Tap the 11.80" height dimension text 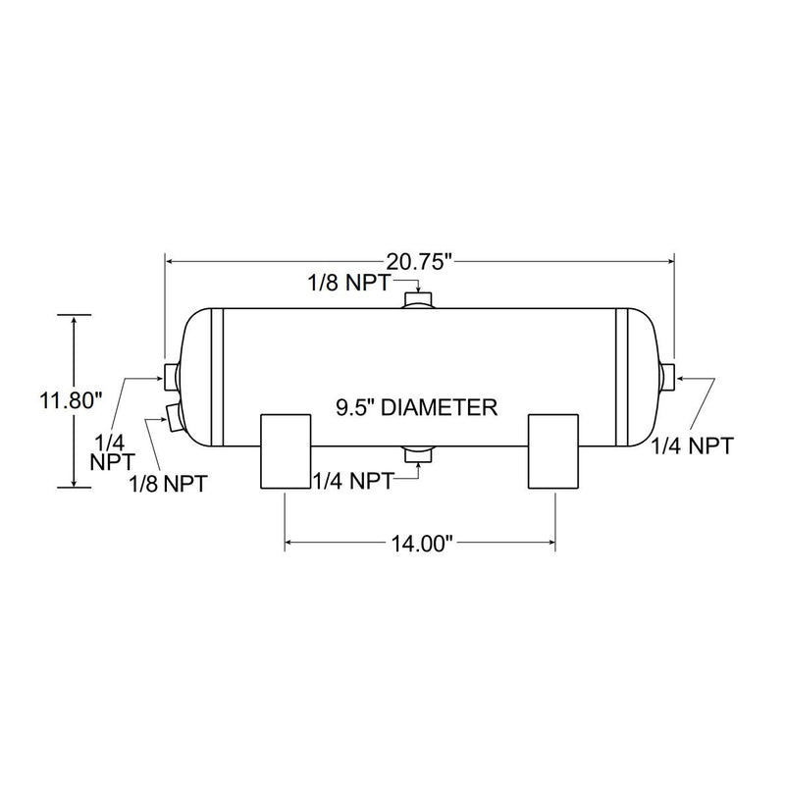click(72, 400)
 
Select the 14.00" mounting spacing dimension click(421, 541)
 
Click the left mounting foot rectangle click(286, 451)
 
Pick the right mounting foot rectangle click(556, 451)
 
